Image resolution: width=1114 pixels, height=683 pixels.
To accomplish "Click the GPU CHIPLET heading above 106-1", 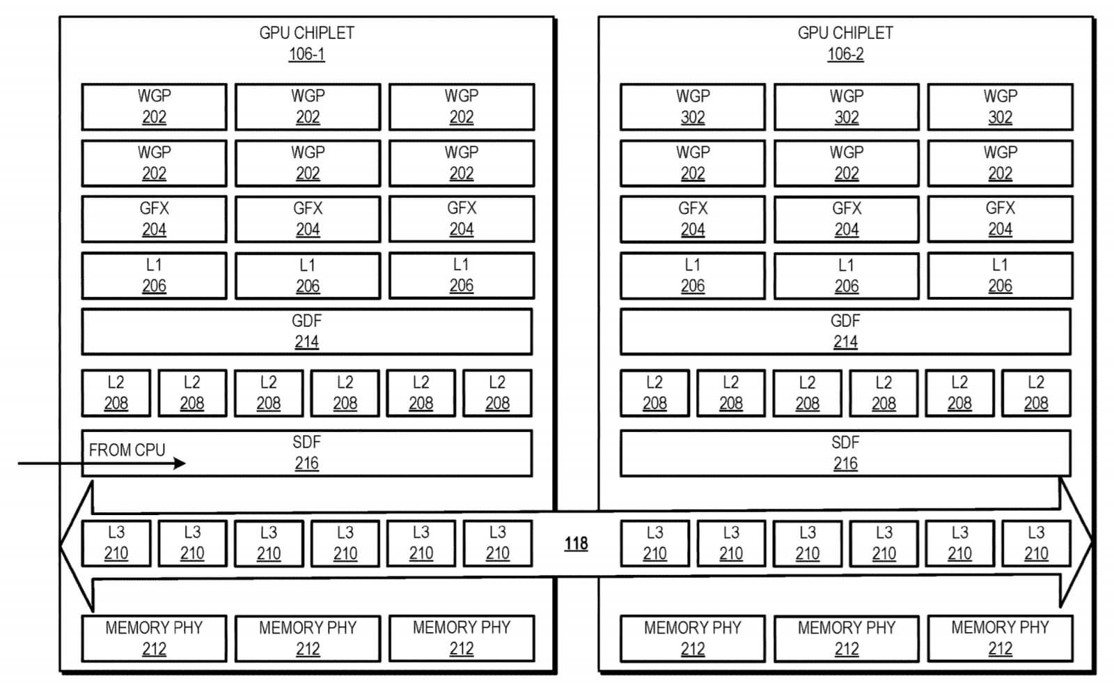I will (306, 33).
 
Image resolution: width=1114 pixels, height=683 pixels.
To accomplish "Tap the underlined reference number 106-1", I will (306, 54).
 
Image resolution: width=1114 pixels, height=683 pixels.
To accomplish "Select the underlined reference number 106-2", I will (845, 54).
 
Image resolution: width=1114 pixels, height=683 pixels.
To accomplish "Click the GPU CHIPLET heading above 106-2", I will (845, 33).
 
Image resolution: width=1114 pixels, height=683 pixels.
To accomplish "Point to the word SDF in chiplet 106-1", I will (306, 443).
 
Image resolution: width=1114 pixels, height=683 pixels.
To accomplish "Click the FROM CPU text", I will (127, 450).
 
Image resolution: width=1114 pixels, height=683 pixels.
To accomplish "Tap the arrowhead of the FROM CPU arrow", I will (180, 463).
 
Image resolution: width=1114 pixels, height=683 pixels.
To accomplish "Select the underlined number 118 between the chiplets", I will (576, 544).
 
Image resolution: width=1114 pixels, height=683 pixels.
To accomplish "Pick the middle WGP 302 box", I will (846, 107).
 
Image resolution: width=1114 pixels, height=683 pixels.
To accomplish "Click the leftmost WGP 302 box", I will (692, 107).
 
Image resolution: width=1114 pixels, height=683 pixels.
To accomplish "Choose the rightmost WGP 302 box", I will (1000, 107).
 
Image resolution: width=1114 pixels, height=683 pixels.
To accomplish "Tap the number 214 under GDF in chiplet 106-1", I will (306, 342).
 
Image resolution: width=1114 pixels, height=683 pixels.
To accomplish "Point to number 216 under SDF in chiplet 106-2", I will (845, 463).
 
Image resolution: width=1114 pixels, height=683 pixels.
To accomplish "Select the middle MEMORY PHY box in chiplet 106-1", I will (307, 638).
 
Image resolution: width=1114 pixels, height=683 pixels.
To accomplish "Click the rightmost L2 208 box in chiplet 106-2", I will (1035, 393).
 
